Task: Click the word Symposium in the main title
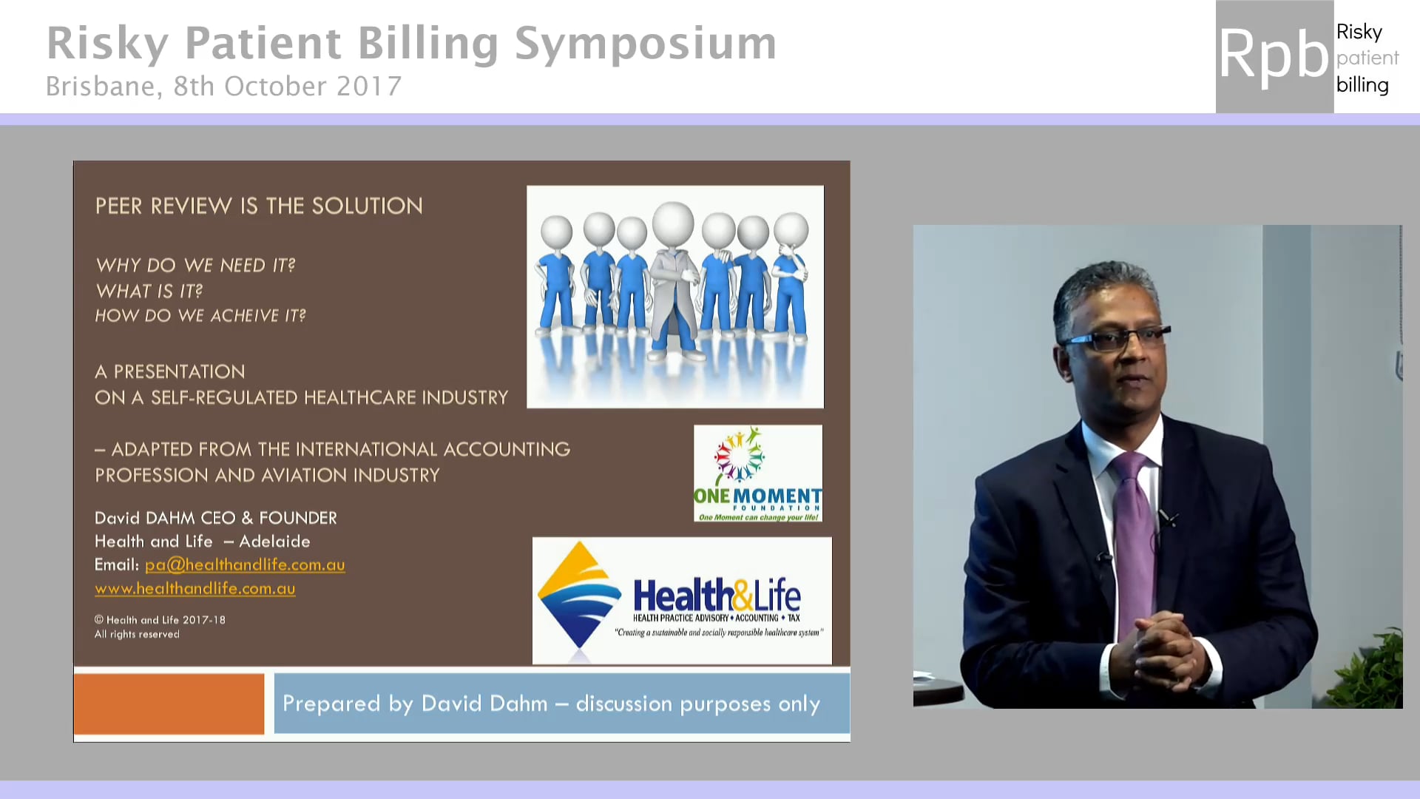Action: (x=645, y=43)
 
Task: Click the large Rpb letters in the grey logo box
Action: (x=1274, y=55)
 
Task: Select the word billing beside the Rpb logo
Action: (x=1362, y=85)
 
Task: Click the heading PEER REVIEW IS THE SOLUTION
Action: (x=259, y=206)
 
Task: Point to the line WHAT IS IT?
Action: (x=149, y=291)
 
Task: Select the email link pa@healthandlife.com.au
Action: (x=245, y=564)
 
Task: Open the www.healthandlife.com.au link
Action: (x=195, y=588)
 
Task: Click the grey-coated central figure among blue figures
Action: (x=673, y=285)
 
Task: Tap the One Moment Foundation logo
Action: (x=757, y=473)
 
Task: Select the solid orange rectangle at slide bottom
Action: (x=169, y=704)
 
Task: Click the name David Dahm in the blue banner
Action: (x=484, y=704)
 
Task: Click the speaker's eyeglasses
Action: (x=1117, y=340)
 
